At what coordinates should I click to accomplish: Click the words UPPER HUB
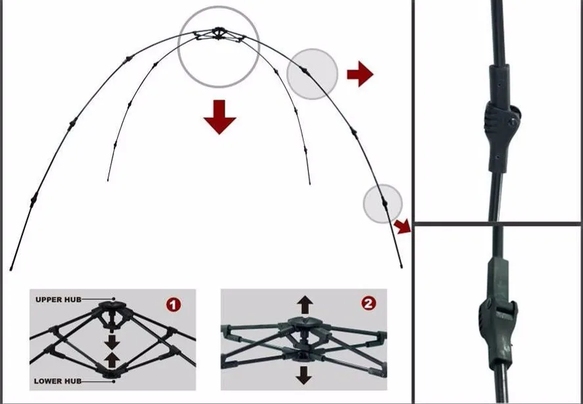(58, 299)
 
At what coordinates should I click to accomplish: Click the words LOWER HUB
(58, 381)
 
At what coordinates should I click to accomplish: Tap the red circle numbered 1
(174, 305)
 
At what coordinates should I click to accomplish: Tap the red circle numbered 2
(369, 304)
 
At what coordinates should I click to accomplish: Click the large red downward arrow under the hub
(220, 117)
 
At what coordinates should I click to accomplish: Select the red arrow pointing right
(360, 74)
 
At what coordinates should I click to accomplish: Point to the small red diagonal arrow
(403, 226)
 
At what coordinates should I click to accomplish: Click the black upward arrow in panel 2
(305, 305)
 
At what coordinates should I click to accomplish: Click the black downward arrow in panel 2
(304, 375)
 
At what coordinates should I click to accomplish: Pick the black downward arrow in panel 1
(112, 341)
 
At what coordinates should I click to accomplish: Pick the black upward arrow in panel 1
(112, 360)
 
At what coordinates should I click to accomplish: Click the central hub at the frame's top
(218, 33)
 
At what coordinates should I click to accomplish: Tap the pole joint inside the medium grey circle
(304, 70)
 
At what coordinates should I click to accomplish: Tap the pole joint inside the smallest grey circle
(385, 203)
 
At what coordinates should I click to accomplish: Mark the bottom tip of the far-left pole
(11, 268)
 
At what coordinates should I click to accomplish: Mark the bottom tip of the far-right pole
(401, 266)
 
